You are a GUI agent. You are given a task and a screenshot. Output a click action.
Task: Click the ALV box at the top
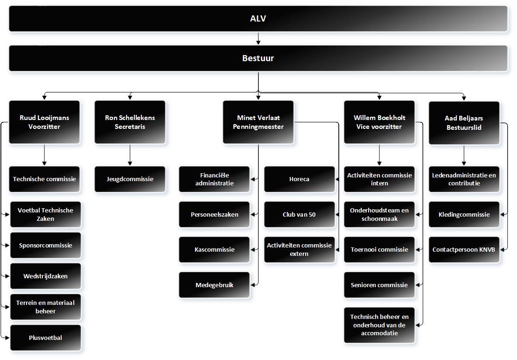pos(258,19)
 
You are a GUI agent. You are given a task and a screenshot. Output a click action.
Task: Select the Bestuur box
pos(258,58)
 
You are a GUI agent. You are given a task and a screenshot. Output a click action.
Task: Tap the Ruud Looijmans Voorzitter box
pos(44,122)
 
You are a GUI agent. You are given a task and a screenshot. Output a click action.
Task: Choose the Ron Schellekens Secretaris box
pos(130,122)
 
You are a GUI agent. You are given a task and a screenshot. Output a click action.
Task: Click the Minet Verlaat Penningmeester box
pos(258,122)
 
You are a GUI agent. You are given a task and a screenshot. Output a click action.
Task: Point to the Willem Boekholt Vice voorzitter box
pos(379,122)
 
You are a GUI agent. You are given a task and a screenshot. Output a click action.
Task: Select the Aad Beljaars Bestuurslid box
pos(464,123)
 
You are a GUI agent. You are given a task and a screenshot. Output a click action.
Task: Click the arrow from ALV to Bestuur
pos(258,38)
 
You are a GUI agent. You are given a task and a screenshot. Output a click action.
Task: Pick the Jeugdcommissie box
pos(130,179)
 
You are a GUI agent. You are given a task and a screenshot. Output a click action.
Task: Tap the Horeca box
pos(300,179)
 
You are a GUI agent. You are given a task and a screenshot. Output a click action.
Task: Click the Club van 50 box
pos(300,214)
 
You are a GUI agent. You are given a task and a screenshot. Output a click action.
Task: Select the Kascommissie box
pos(214,250)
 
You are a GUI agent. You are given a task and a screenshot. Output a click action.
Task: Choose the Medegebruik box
pos(214,285)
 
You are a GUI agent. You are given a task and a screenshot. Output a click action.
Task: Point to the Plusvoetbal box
pos(46,338)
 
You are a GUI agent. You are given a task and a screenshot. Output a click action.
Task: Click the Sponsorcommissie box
pos(46,246)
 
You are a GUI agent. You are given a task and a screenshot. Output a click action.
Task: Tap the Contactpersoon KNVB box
pos(464,250)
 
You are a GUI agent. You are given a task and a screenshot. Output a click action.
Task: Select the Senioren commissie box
pos(379,285)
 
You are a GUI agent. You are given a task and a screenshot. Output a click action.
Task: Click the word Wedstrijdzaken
pos(46,276)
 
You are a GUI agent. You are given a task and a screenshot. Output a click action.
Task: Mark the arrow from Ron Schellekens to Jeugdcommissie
pos(130,155)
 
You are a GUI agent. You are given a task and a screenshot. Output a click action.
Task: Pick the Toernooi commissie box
pos(379,250)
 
